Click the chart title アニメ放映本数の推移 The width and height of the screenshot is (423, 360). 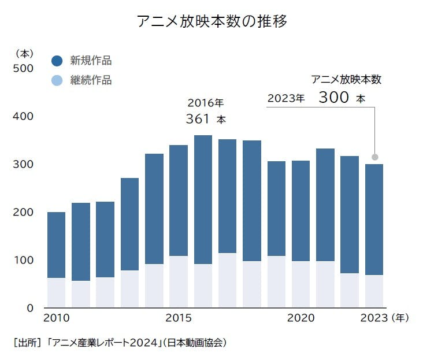[x=212, y=22]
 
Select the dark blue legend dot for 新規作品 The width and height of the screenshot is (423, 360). [x=57, y=61]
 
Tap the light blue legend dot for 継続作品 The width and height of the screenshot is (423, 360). [x=57, y=80]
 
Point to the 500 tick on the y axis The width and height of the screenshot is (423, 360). [x=23, y=68]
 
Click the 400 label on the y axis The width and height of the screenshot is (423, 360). [x=23, y=116]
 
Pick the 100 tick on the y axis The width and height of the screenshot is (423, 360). [x=23, y=260]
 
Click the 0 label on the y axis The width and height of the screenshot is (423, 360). [x=29, y=308]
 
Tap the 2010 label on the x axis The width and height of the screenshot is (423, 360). [x=56, y=318]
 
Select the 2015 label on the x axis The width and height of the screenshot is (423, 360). [x=179, y=318]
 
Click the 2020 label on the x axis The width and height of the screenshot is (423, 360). [x=300, y=318]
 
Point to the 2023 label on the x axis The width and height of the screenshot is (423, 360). [x=374, y=318]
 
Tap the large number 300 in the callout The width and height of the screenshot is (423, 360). [x=333, y=97]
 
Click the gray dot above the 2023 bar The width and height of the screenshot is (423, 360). [x=374, y=157]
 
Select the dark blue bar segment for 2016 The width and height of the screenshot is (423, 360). [x=203, y=199]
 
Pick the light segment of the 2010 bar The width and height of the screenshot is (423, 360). [x=56, y=292]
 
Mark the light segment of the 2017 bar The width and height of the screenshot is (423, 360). [x=227, y=280]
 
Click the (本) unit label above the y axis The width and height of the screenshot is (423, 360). [x=25, y=54]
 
